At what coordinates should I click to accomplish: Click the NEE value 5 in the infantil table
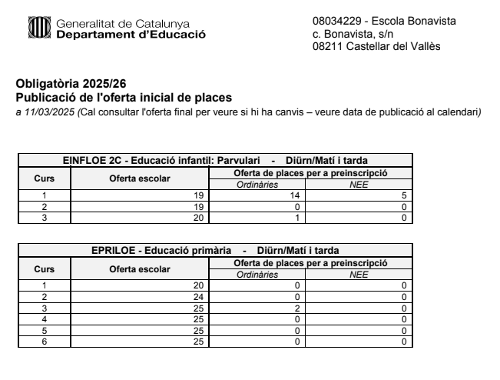click(403, 196)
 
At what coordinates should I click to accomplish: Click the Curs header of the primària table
click(44, 269)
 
